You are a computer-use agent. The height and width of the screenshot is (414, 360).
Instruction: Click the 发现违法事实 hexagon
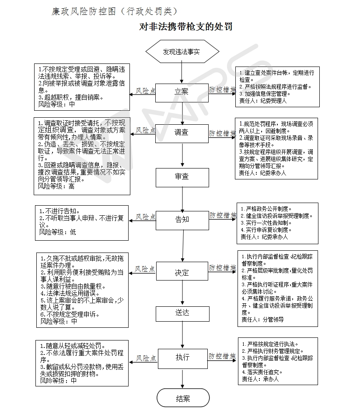[182, 52]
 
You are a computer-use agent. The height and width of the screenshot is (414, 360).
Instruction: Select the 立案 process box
[182, 92]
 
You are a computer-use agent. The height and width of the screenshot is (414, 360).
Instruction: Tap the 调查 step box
[182, 133]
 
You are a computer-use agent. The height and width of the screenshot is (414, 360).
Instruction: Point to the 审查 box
[182, 177]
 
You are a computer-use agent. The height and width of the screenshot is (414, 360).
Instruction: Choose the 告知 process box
[182, 219]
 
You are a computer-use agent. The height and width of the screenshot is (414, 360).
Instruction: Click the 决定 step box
[182, 273]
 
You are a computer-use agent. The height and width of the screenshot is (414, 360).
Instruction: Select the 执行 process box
[182, 357]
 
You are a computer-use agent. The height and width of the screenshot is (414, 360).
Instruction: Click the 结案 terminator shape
[183, 399]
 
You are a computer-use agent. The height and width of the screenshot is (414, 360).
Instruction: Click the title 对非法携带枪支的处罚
[185, 27]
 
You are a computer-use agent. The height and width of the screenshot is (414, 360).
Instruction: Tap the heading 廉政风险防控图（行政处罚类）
[115, 11]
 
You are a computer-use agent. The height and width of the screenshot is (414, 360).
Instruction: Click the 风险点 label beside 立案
[146, 91]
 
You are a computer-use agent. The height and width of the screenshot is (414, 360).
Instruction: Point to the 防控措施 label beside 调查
[222, 133]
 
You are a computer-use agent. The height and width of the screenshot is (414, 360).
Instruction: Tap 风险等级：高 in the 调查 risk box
[56, 186]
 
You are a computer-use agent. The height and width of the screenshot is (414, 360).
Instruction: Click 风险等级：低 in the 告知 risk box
[57, 232]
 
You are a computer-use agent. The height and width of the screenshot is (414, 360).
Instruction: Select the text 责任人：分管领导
[262, 319]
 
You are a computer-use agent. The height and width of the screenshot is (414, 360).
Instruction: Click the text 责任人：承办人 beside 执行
[260, 379]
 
